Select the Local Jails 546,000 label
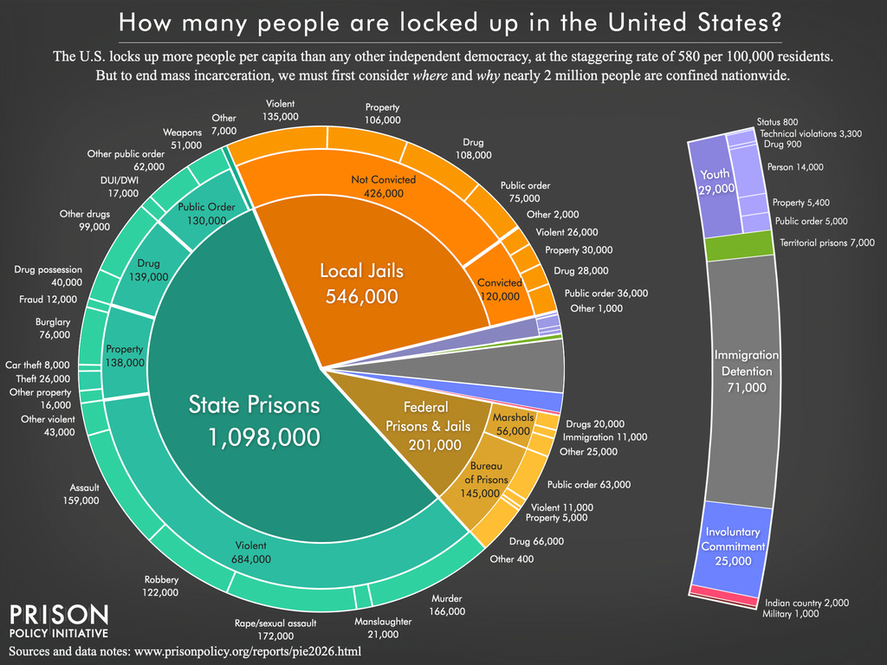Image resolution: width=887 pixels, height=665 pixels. [361, 284]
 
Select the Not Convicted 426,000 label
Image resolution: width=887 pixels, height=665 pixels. [383, 186]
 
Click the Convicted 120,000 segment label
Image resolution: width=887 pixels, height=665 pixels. [499, 289]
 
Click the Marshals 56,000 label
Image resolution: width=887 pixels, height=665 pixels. [513, 428]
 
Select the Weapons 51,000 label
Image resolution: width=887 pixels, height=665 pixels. [182, 139]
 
